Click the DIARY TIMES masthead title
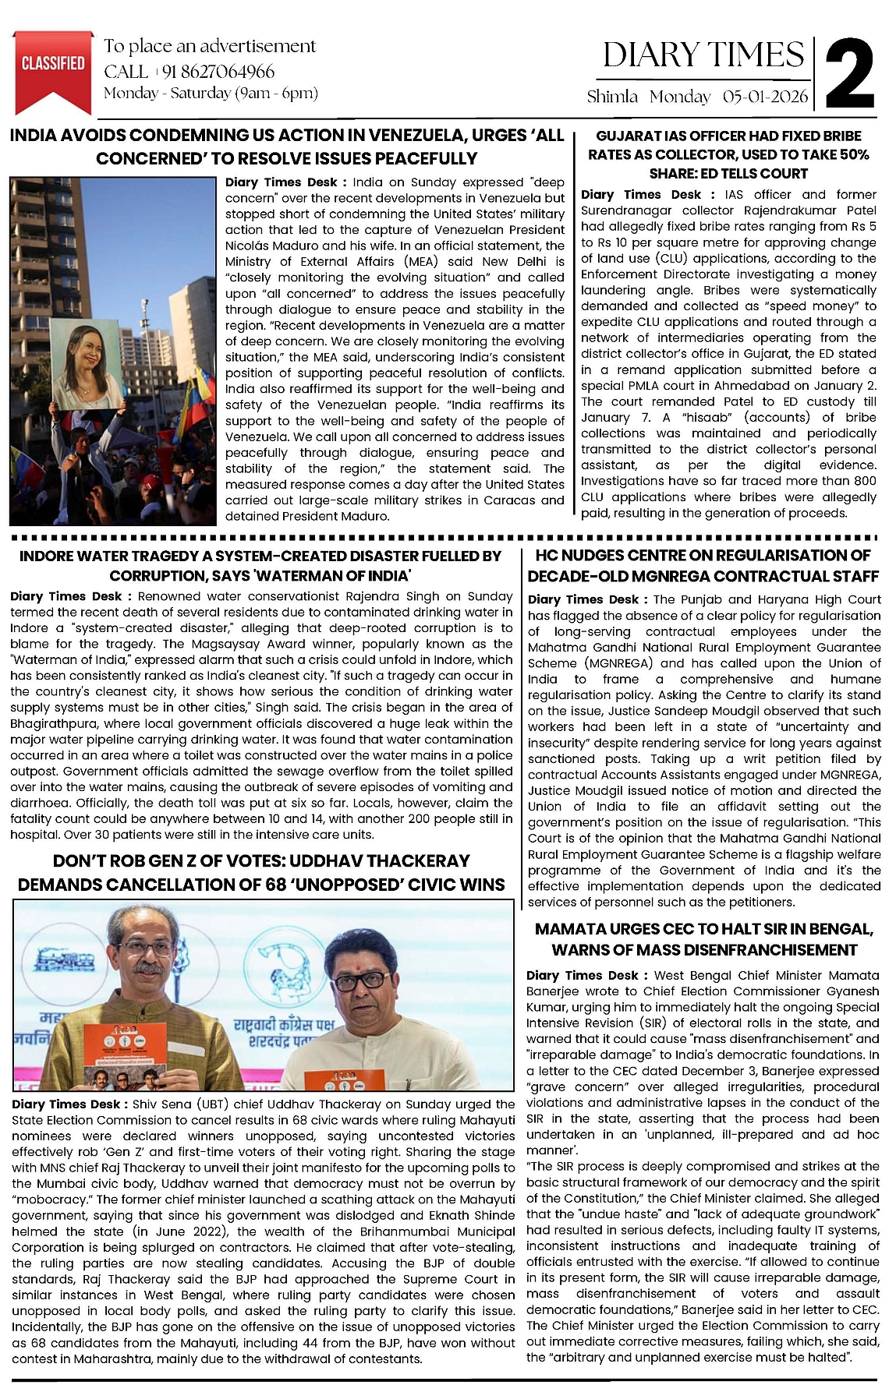coord(703,55)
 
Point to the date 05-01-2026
coord(766,97)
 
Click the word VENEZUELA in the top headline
coord(417,135)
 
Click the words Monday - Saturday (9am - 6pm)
coord(211,94)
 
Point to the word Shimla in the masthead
coord(612,97)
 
